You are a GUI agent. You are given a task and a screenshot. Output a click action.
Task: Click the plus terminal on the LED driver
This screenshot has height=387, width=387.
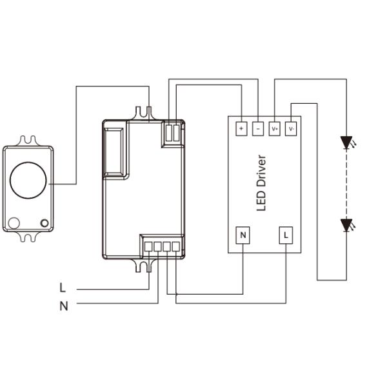click(x=241, y=128)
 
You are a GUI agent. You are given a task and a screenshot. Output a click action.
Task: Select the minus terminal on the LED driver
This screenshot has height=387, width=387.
click(x=257, y=128)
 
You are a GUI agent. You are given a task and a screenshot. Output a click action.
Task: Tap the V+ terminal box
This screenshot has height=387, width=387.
click(x=274, y=128)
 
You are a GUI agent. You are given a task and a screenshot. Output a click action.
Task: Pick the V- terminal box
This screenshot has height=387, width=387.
click(x=291, y=128)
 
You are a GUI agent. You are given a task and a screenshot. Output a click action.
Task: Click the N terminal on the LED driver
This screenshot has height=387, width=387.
click(x=243, y=235)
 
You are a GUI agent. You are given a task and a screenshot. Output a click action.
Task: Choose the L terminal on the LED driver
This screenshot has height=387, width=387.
click(x=286, y=235)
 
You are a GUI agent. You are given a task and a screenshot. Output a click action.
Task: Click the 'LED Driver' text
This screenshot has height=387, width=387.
click(x=261, y=183)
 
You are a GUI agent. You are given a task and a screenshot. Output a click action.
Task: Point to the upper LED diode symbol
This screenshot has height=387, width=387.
click(x=347, y=142)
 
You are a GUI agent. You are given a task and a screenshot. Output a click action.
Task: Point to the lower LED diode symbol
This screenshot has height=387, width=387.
click(x=347, y=225)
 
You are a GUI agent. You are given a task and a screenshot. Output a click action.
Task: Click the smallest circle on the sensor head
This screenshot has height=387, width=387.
click(x=45, y=223)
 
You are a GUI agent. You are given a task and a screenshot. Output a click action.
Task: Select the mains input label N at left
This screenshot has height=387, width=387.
click(x=63, y=306)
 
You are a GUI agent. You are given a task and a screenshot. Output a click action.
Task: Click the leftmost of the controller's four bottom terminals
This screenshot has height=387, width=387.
click(x=148, y=245)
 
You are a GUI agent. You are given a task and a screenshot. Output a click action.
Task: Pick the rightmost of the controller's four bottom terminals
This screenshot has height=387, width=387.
click(x=175, y=245)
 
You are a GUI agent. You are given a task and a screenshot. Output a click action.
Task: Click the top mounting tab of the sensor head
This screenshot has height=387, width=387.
click(x=28, y=140)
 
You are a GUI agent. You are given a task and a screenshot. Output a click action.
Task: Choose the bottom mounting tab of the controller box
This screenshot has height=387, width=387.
click(x=143, y=264)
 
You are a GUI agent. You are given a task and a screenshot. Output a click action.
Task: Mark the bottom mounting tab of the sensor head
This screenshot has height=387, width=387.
click(x=28, y=237)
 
